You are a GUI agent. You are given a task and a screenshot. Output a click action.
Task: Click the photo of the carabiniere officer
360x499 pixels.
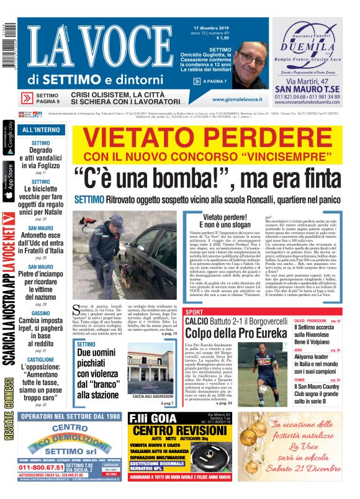pyautogui.click(x=104, y=254)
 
